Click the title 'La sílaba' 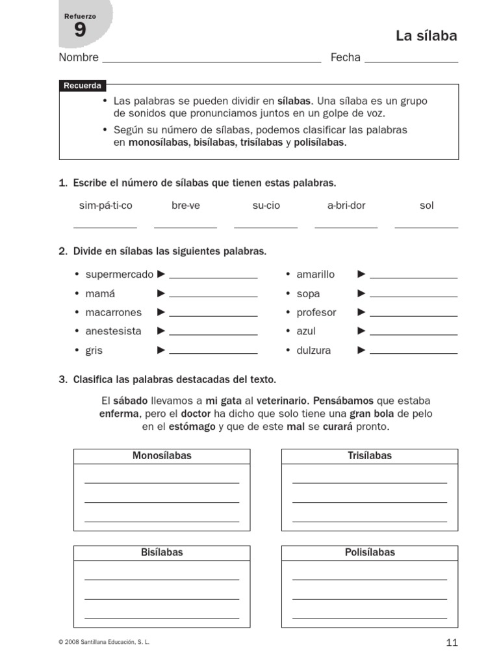pyautogui.click(x=426, y=36)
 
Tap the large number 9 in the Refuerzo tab pyautogui.click(x=79, y=30)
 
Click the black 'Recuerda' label pyautogui.click(x=82, y=86)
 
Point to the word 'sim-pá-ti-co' pyautogui.click(x=105, y=206)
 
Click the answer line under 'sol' pyautogui.click(x=426, y=227)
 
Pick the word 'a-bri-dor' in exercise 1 pyautogui.click(x=346, y=206)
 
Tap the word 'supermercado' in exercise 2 pyautogui.click(x=120, y=274)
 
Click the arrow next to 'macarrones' pyautogui.click(x=162, y=312)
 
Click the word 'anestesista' pyautogui.click(x=113, y=331)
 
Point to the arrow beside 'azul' pyautogui.click(x=362, y=331)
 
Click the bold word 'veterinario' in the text pyautogui.click(x=282, y=400)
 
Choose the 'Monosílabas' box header pyautogui.click(x=162, y=456)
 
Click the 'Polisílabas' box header pyautogui.click(x=370, y=553)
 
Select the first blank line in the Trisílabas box pyautogui.click(x=370, y=483)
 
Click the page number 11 pyautogui.click(x=452, y=643)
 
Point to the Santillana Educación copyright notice pyautogui.click(x=104, y=642)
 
